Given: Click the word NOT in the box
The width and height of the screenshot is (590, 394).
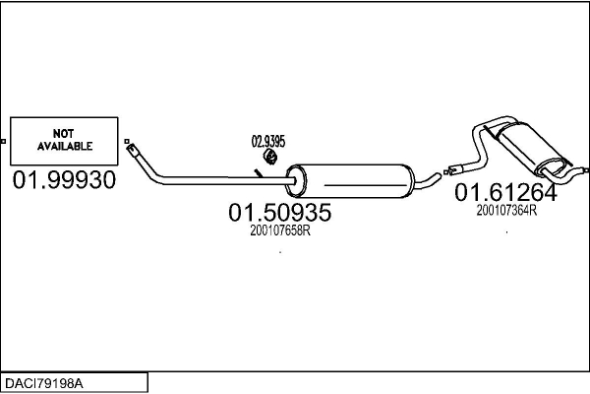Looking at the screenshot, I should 64,131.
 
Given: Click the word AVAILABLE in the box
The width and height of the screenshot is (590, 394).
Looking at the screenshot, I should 65,146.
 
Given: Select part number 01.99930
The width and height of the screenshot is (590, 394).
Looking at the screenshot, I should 64,180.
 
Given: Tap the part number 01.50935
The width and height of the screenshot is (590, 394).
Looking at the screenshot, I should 279,211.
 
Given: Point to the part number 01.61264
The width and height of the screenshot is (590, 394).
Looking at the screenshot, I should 505,193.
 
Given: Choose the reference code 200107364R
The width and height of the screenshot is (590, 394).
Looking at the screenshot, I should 505,210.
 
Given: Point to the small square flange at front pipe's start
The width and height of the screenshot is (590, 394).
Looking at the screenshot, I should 130,141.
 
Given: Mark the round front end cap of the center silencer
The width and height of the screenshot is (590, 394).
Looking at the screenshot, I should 291,181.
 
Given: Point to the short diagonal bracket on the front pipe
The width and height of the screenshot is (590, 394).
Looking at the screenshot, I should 258,173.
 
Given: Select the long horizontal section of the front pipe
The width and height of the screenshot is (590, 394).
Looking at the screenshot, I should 216,179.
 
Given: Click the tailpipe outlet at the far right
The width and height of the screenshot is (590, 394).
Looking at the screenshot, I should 569,164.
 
